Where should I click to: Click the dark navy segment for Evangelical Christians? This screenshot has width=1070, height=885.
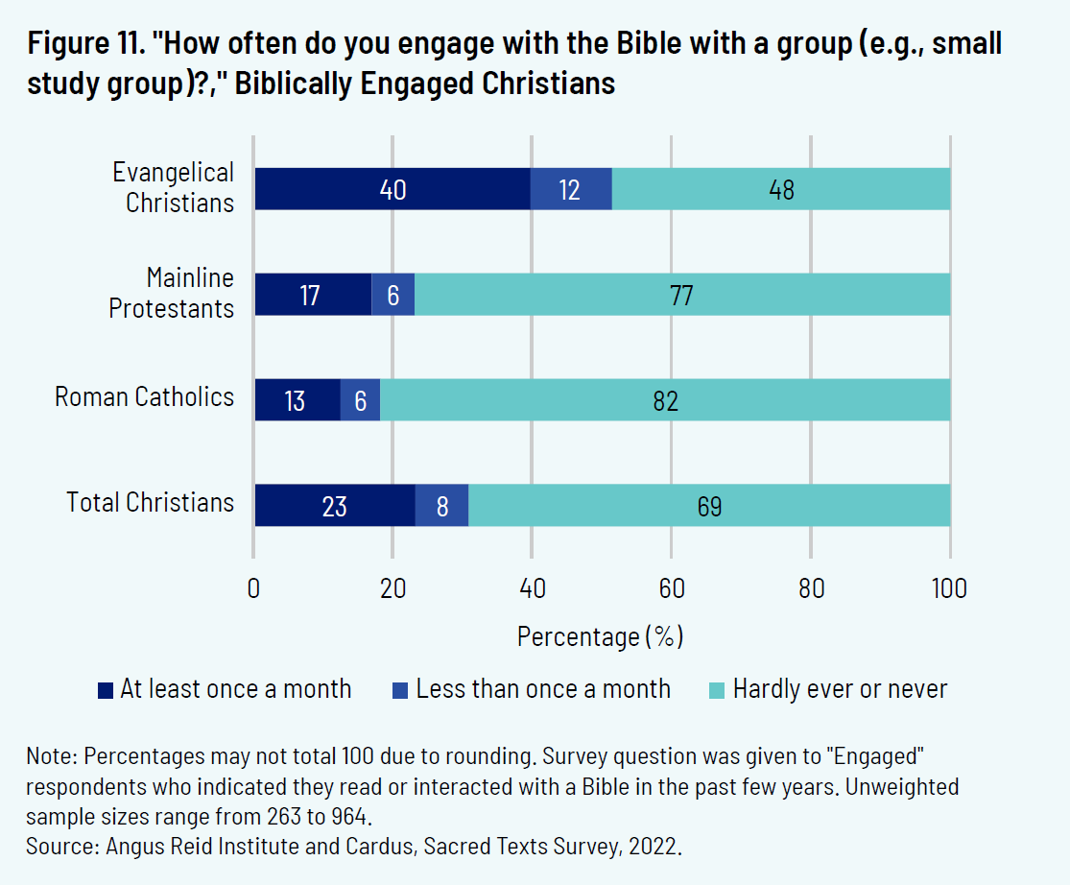(x=392, y=189)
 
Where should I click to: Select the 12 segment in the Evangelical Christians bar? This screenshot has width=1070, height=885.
(x=571, y=189)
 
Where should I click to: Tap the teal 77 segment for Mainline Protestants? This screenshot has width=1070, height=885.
(x=682, y=295)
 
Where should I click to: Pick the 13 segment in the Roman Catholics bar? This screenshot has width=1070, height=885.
(x=297, y=399)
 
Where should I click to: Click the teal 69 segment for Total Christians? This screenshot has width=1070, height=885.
(x=709, y=505)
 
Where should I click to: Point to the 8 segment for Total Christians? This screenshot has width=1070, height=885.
(x=442, y=505)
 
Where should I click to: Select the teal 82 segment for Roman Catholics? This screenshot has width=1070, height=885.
(x=665, y=399)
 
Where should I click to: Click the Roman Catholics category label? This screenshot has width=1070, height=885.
(x=144, y=397)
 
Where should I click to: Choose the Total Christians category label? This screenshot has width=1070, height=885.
(x=150, y=502)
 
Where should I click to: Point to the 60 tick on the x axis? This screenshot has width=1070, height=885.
(x=672, y=588)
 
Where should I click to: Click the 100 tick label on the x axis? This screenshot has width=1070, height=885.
(x=950, y=588)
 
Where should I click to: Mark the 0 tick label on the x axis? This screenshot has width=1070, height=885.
(x=253, y=588)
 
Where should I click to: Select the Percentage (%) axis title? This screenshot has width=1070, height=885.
(x=600, y=636)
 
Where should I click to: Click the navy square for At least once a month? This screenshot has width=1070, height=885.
(x=106, y=690)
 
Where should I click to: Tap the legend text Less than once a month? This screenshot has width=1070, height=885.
(x=543, y=689)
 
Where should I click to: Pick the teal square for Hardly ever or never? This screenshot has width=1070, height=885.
(x=716, y=690)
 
